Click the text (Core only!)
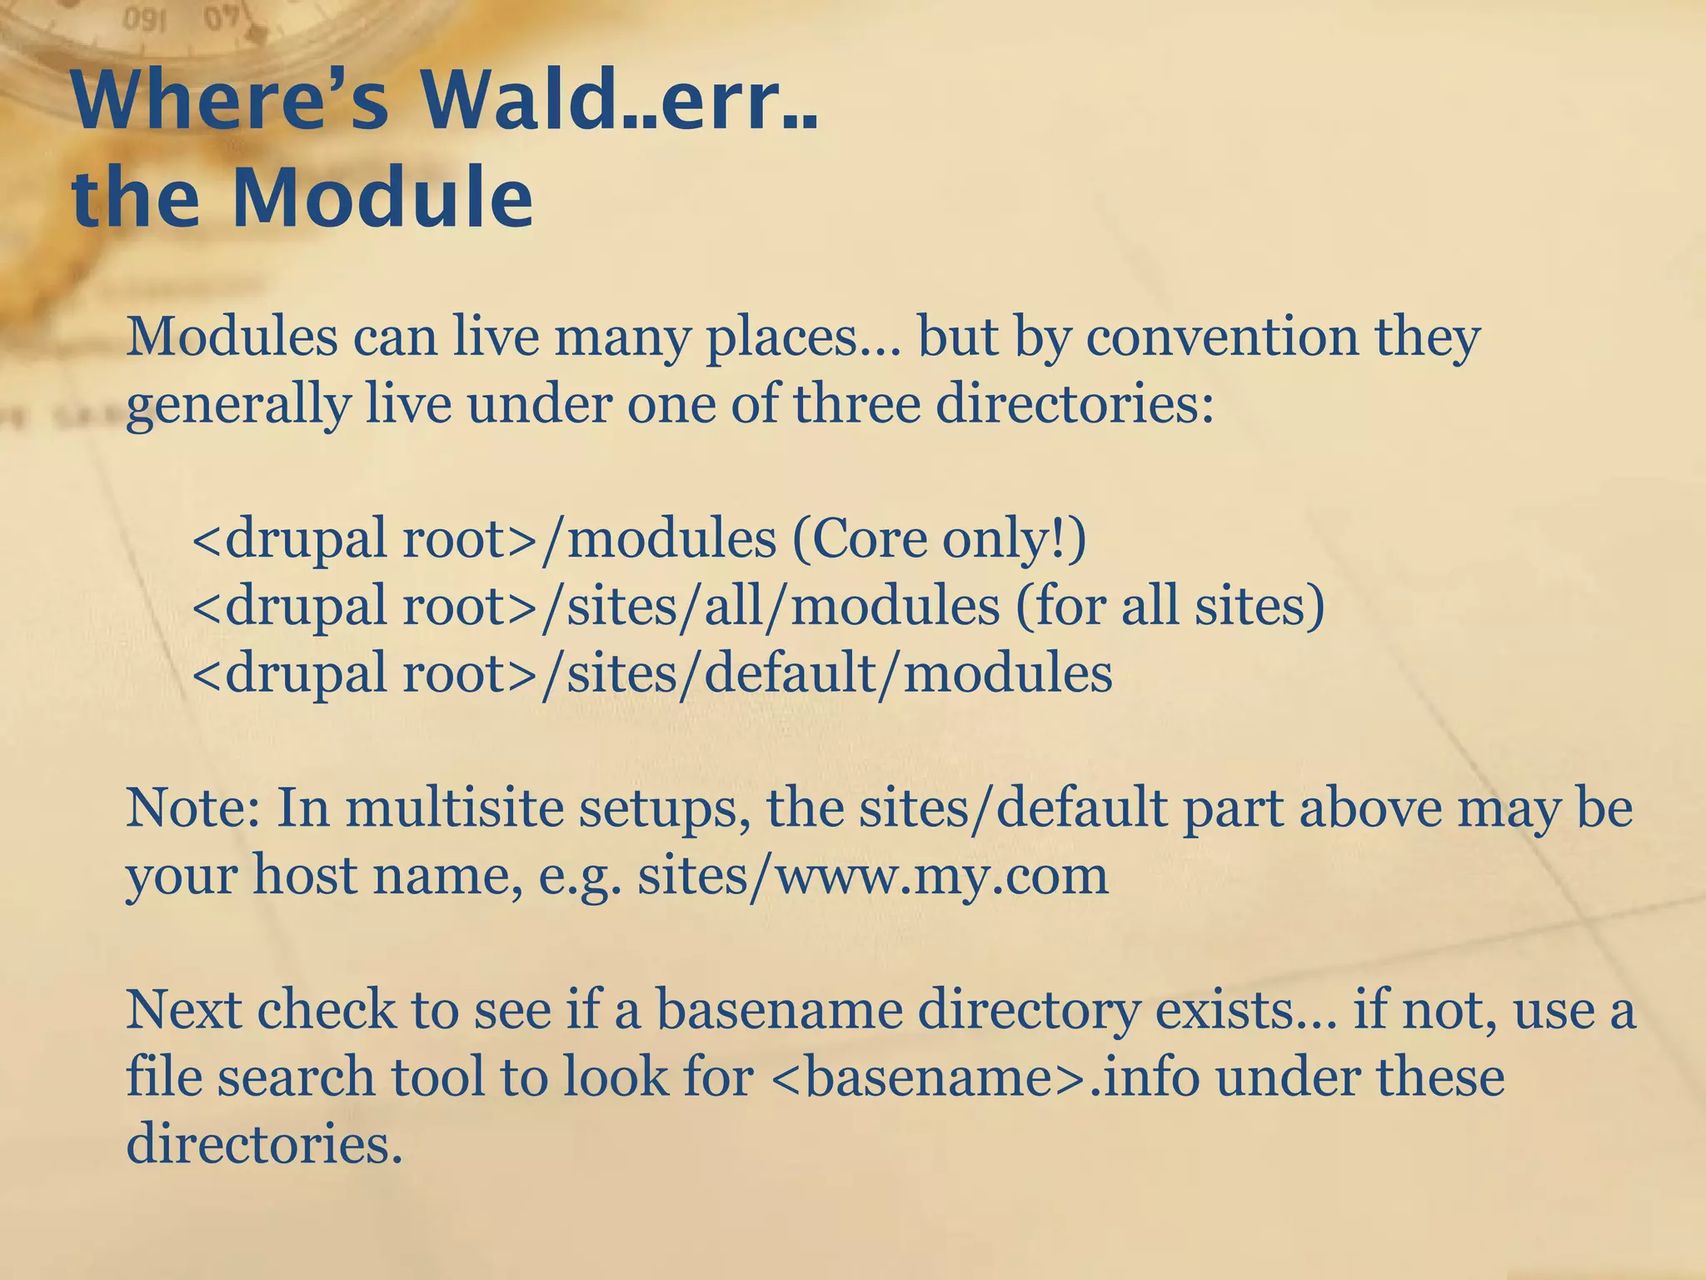[940, 538]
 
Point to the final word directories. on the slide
[264, 1144]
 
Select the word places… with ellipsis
[804, 338]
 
